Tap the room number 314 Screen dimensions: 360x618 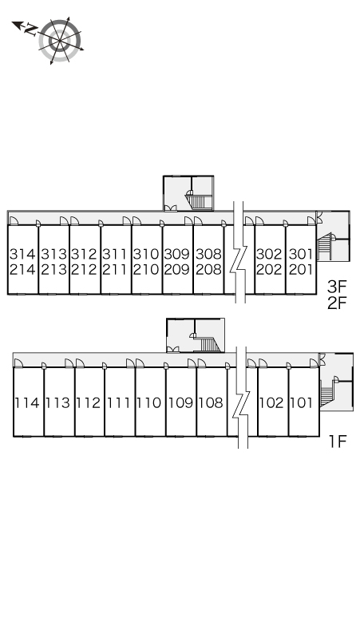(23, 254)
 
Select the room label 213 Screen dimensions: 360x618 (54, 270)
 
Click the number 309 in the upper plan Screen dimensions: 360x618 (177, 254)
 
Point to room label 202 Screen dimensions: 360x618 (270, 270)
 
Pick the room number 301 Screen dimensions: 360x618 (301, 254)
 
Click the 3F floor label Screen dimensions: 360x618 (337, 287)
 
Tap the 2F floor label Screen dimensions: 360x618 (337, 303)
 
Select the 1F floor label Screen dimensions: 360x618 (338, 442)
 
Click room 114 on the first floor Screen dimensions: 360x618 (28, 402)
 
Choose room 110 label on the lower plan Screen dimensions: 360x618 (149, 402)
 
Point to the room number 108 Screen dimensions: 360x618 (211, 402)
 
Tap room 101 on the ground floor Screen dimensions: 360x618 (303, 402)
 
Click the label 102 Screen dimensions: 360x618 (271, 402)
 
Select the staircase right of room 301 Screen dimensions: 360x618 (324, 247)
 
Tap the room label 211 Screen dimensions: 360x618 (116, 270)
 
